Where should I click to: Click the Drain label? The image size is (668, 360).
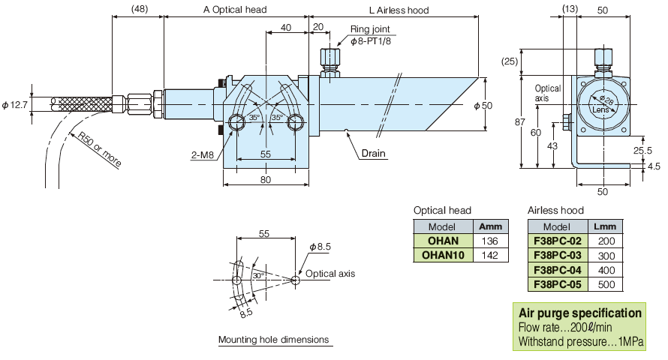tap(373, 153)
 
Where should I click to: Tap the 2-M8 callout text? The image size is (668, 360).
tap(203, 155)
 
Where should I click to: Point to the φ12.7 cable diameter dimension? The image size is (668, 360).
tap(15, 105)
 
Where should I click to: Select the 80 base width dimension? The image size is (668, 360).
tap(265, 179)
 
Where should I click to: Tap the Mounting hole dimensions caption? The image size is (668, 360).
tap(273, 340)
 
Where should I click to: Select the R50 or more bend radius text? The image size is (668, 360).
tap(99, 148)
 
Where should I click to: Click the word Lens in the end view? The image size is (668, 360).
tap(601, 109)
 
